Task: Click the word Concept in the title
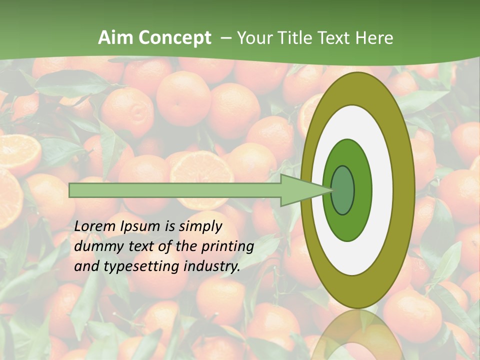pyautogui.click(x=174, y=37)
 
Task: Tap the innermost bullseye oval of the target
pyautogui.click(x=343, y=190)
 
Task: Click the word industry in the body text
pyautogui.click(x=210, y=266)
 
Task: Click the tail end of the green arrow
pyautogui.click(x=72, y=190)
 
